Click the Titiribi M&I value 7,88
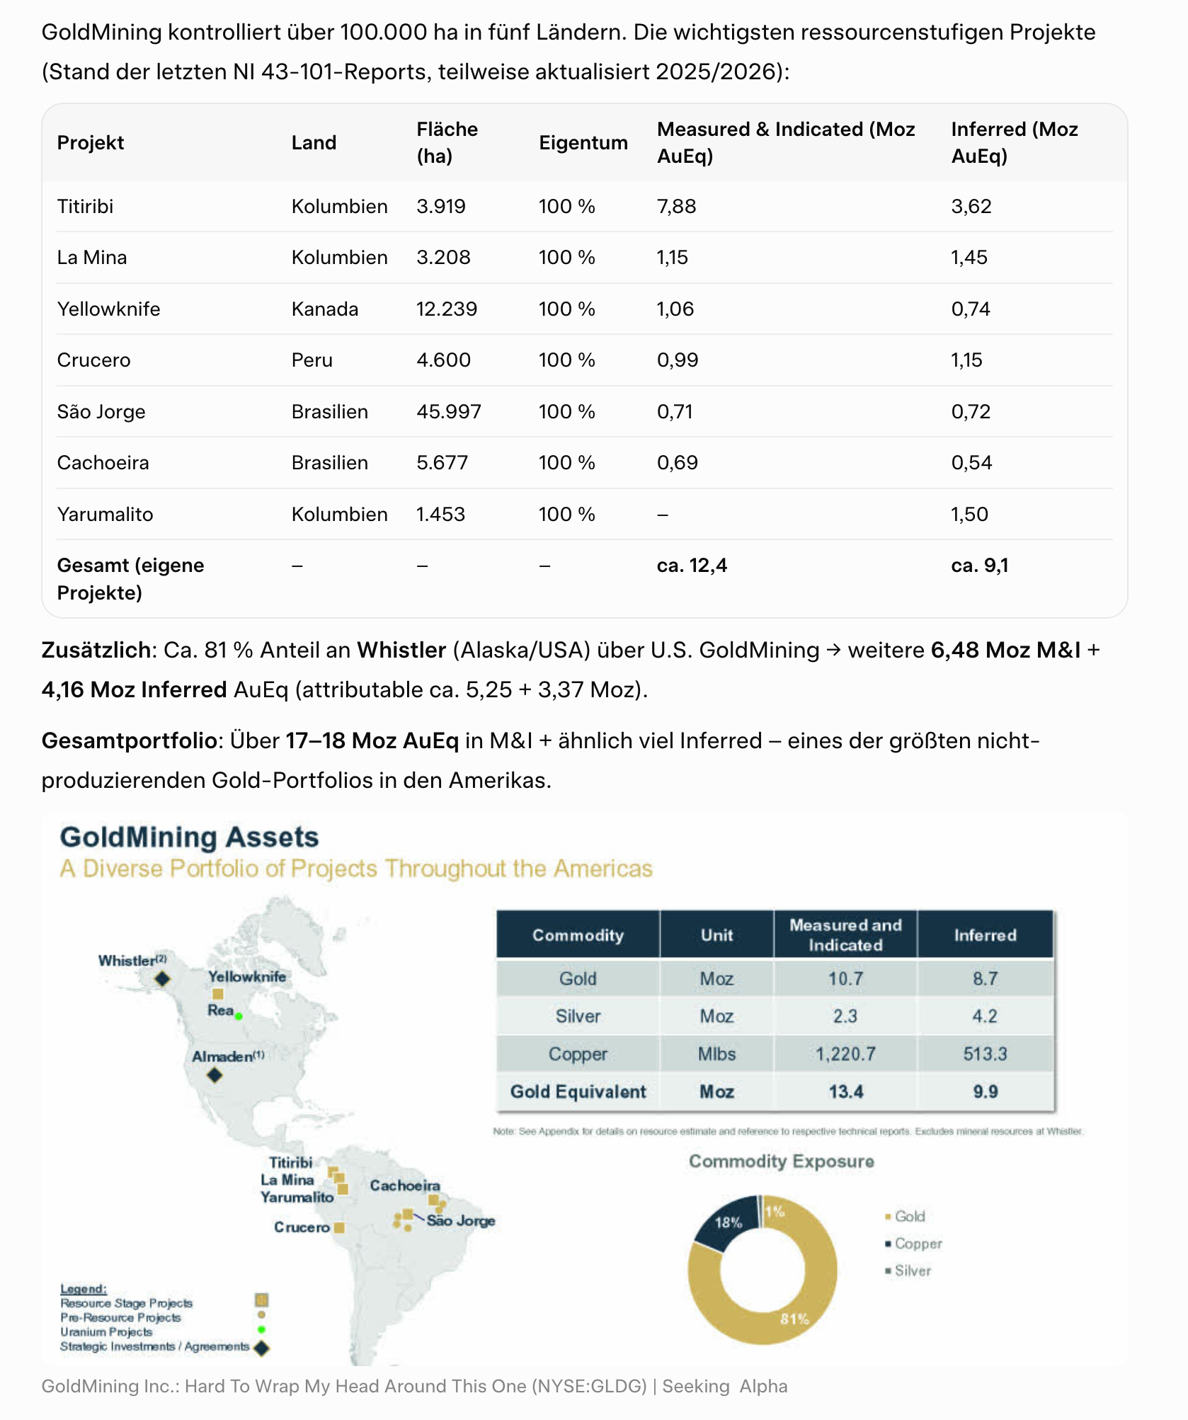point(676,207)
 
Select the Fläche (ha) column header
point(447,142)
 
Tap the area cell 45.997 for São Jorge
point(448,412)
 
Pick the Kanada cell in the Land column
point(324,309)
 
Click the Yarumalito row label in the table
point(105,515)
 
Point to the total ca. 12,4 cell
point(692,566)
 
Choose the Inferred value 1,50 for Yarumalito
point(969,515)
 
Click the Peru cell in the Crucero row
point(312,360)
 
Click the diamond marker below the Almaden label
point(215,1075)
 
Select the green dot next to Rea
point(239,1016)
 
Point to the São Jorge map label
point(460,1220)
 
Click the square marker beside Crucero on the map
point(339,1227)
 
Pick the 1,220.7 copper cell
point(845,1054)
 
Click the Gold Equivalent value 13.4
point(845,1092)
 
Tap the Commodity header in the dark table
point(578,935)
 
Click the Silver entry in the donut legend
point(913,1271)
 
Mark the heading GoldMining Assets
point(189,837)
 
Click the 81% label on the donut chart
point(794,1319)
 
